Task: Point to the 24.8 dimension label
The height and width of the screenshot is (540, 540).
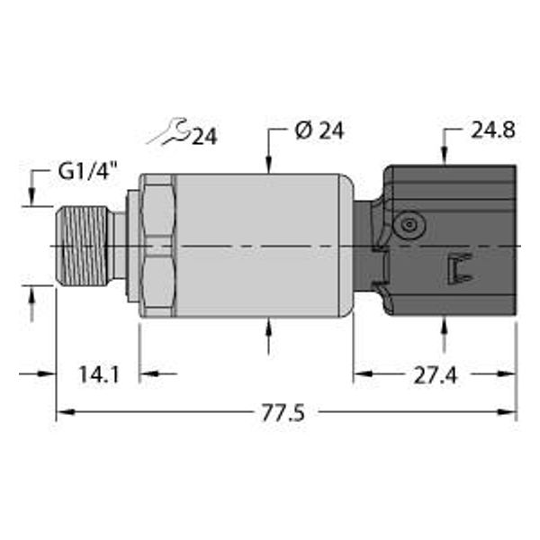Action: (x=492, y=131)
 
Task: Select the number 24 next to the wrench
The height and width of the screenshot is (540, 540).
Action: (x=204, y=136)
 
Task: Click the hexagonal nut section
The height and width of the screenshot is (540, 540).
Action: (x=156, y=246)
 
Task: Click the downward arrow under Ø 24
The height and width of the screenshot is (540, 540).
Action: (x=270, y=163)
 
